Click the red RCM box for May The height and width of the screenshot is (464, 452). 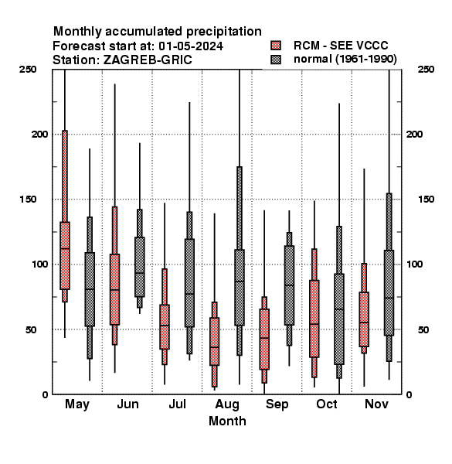(x=65, y=255)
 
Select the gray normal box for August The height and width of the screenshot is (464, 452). (x=240, y=288)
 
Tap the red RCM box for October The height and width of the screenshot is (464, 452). (x=314, y=319)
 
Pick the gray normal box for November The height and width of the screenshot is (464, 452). (x=389, y=292)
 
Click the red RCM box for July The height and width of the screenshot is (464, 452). (x=165, y=326)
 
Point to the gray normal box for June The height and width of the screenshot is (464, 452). (x=140, y=267)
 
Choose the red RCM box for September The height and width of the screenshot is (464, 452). (x=264, y=339)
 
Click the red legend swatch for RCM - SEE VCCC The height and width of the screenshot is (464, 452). (x=276, y=46)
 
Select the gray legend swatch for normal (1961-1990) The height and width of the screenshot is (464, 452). (x=276, y=60)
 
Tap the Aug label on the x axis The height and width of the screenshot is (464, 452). (x=227, y=404)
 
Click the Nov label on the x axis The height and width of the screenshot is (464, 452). (x=376, y=404)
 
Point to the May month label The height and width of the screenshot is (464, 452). (x=77, y=404)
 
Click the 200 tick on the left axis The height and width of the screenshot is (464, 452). (x=39, y=135)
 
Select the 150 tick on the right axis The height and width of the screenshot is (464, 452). (x=426, y=200)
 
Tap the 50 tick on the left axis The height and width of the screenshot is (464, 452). (x=31, y=329)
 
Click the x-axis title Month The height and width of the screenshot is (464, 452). (x=227, y=421)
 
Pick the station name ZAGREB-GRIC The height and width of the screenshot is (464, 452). (x=148, y=60)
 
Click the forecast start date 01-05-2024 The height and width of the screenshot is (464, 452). (x=191, y=46)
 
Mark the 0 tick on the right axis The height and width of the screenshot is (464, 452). (x=410, y=394)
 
